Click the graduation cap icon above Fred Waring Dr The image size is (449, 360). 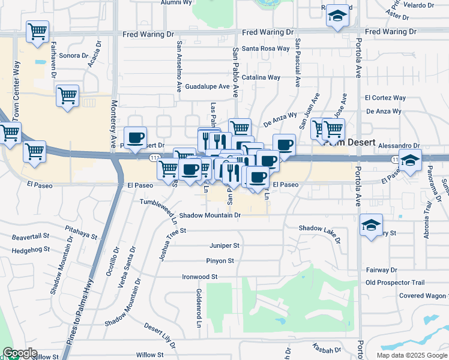click(x=337, y=17)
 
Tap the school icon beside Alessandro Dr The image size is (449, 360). click(x=410, y=161)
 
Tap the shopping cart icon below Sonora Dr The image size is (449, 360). click(x=67, y=95)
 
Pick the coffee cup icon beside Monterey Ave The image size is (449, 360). click(x=135, y=139)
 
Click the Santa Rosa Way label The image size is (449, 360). click(x=266, y=49)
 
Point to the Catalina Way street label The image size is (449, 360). click(x=261, y=77)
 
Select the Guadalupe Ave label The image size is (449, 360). click(x=207, y=86)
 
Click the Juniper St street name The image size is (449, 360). click(x=224, y=245)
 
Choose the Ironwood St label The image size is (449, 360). click(x=199, y=277)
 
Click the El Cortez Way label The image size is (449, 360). click(x=385, y=98)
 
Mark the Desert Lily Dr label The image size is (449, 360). click(x=160, y=336)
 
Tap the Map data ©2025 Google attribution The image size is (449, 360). click(x=411, y=355)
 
